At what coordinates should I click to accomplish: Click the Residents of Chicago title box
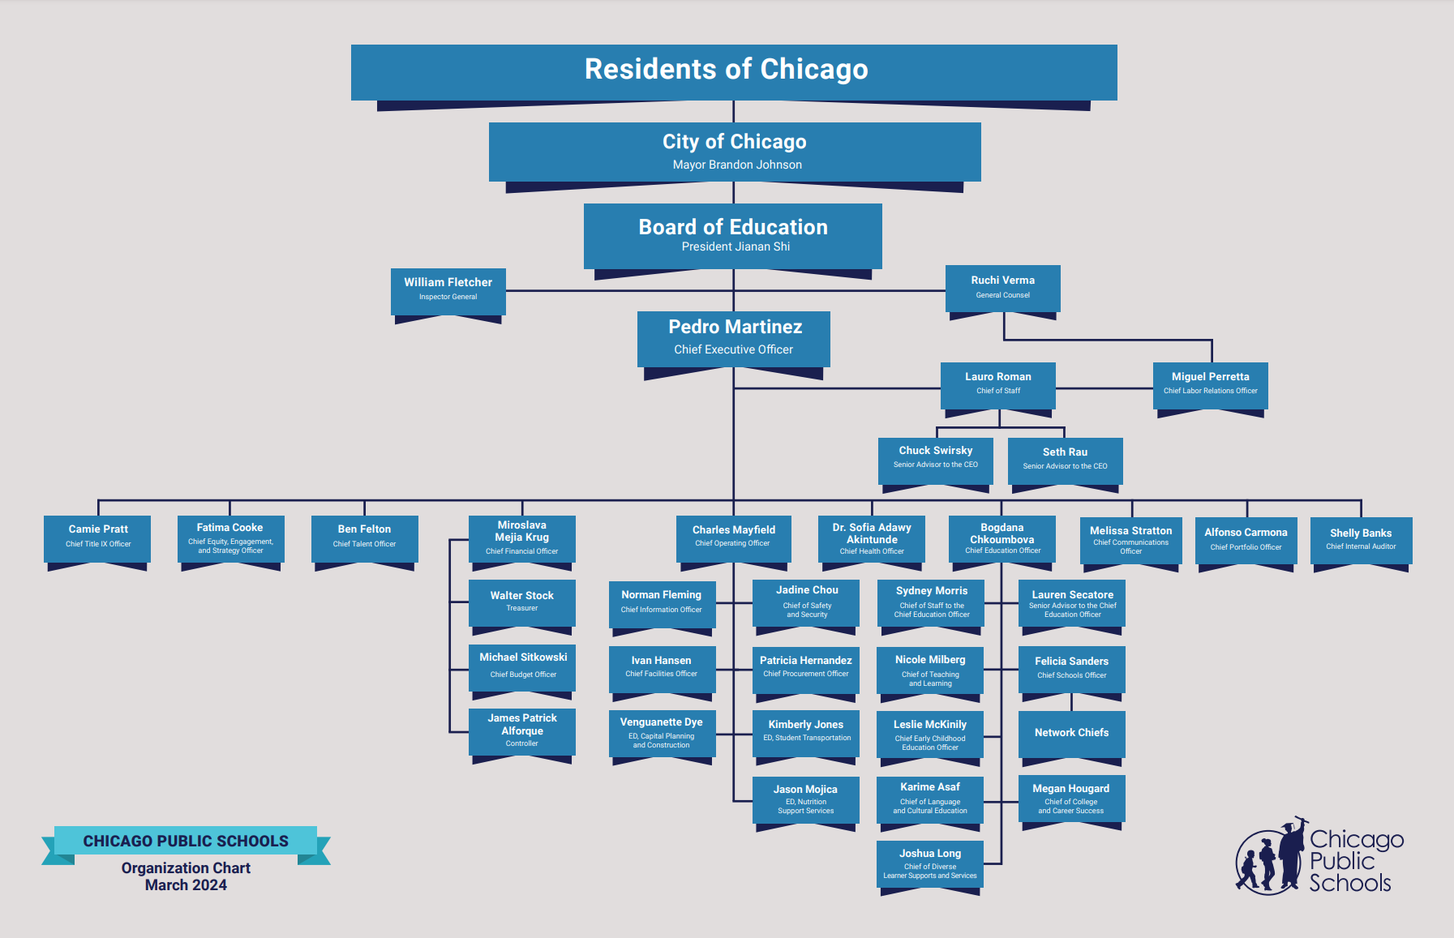pyautogui.click(x=733, y=71)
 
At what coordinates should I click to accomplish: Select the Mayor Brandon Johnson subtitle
pyautogui.click(x=737, y=165)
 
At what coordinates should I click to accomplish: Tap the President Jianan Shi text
pyautogui.click(x=736, y=246)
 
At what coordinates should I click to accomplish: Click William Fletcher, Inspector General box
pyautogui.click(x=448, y=290)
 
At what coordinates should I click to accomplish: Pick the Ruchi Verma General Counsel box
pyautogui.click(x=1002, y=288)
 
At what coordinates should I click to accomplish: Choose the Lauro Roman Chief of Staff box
pyautogui.click(x=997, y=384)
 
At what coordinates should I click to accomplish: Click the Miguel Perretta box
pyautogui.click(x=1210, y=384)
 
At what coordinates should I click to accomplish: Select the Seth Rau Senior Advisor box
pyautogui.click(x=1065, y=459)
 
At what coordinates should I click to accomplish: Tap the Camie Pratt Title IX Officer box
pyautogui.click(x=97, y=537)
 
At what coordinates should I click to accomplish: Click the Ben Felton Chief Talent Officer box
pyautogui.click(x=364, y=537)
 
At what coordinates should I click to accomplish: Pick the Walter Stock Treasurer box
pyautogui.click(x=522, y=602)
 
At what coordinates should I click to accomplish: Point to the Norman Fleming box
pyautogui.click(x=661, y=602)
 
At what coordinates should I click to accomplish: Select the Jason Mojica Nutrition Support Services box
pyautogui.click(x=805, y=799)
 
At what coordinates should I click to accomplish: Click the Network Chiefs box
pyautogui.click(x=1071, y=733)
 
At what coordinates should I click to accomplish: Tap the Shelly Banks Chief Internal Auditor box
pyautogui.click(x=1361, y=539)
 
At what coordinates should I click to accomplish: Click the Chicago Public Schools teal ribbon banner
pyautogui.click(x=186, y=842)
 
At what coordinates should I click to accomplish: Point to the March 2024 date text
pyautogui.click(x=186, y=885)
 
